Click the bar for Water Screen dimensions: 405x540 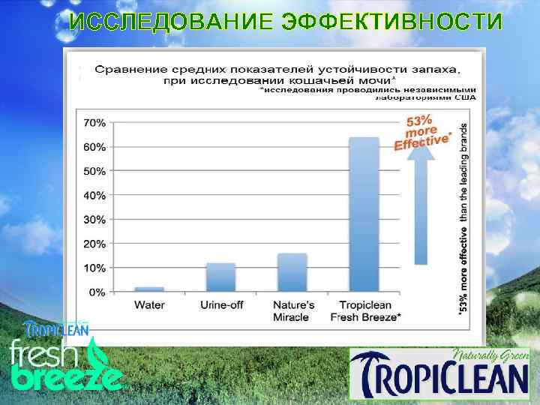(x=149, y=289)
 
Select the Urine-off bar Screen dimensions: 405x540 (x=220, y=277)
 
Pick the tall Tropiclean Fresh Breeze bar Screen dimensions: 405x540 (x=364, y=214)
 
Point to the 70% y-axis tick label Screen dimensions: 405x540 (x=94, y=122)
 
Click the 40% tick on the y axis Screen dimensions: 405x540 (x=94, y=195)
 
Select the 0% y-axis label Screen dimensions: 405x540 (x=97, y=292)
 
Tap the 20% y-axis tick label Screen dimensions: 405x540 (x=94, y=244)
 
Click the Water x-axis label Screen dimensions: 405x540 (x=149, y=305)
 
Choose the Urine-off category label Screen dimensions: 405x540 (x=220, y=305)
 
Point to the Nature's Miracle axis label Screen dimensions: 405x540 (x=292, y=311)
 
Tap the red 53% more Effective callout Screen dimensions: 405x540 (x=423, y=131)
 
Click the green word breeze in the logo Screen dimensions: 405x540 (x=66, y=374)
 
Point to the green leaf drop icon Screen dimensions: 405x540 (x=97, y=352)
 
